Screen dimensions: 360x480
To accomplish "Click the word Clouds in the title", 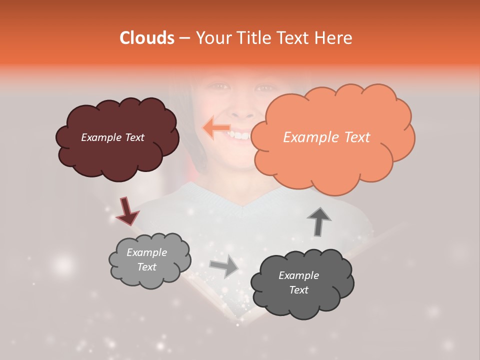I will coord(147,38).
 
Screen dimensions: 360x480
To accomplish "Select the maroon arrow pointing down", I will coord(127,211).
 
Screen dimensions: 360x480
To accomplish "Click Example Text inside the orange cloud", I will coord(326,137).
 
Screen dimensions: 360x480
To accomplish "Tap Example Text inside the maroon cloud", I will coord(112,137).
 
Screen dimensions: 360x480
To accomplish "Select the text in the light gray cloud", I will coord(146,260).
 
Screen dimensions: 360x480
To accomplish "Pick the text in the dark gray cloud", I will coord(298,283).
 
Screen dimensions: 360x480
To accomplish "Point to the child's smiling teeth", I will coord(241,135).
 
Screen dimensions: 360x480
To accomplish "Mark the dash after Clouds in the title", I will coord(184,38).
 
